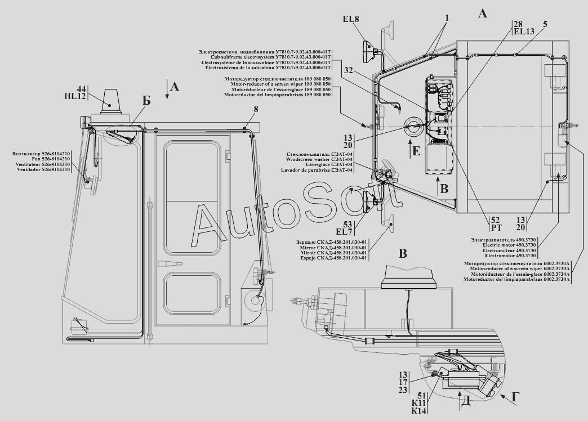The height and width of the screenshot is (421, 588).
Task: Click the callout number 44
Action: click(82, 89)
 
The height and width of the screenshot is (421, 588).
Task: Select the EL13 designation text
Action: click(524, 32)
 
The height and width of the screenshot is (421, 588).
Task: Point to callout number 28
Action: click(518, 24)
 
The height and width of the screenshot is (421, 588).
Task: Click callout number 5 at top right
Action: click(545, 24)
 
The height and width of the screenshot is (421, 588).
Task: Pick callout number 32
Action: click(349, 71)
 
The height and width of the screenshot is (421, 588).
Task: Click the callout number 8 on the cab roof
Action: click(256, 109)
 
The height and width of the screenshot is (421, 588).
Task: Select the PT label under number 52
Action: click(480, 227)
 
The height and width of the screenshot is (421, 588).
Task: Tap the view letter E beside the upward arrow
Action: click(416, 151)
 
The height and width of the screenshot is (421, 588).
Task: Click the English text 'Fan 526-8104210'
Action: click(50, 159)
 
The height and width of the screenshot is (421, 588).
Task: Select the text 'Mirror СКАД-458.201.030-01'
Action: click(335, 248)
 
